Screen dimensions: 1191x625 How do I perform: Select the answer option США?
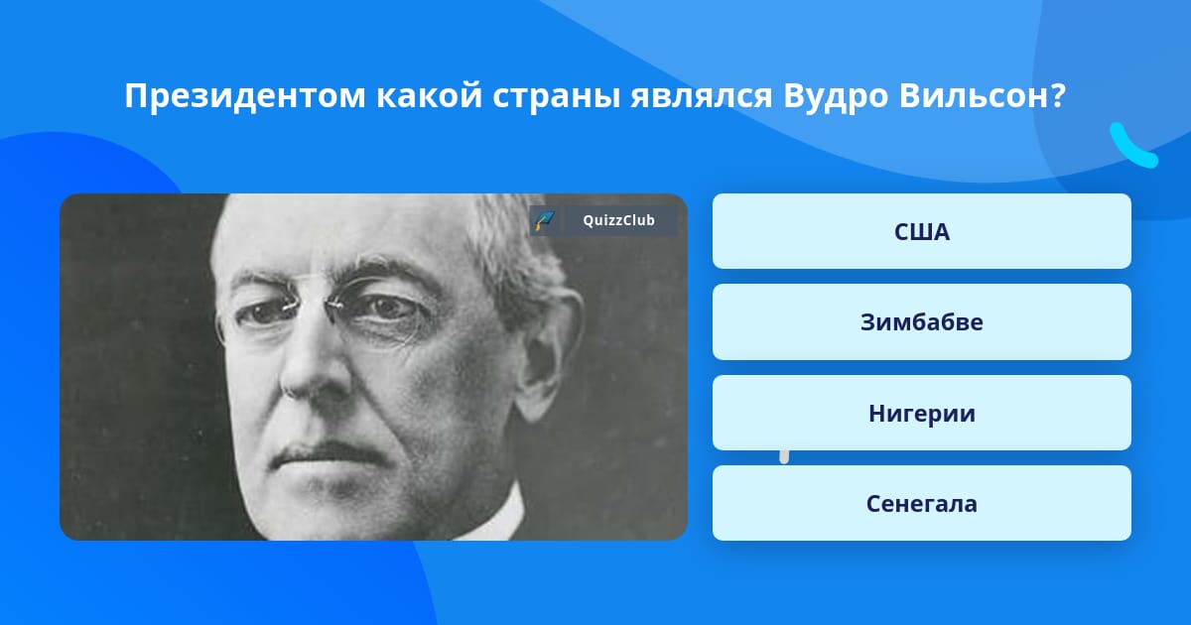click(921, 231)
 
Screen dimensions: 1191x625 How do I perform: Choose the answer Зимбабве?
click(921, 322)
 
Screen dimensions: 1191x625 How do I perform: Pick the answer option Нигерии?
click(921, 413)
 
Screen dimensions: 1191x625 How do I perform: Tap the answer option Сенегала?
click(921, 503)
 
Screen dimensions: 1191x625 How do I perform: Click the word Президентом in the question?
click(245, 96)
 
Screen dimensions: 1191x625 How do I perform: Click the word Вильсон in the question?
click(975, 95)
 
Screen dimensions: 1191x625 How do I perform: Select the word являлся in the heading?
click(702, 97)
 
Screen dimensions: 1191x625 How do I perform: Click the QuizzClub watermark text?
click(618, 220)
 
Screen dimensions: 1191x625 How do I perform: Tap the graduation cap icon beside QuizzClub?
click(545, 220)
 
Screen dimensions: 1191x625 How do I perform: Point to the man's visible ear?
click(548, 351)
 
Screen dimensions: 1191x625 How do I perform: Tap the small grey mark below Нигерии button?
click(784, 457)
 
